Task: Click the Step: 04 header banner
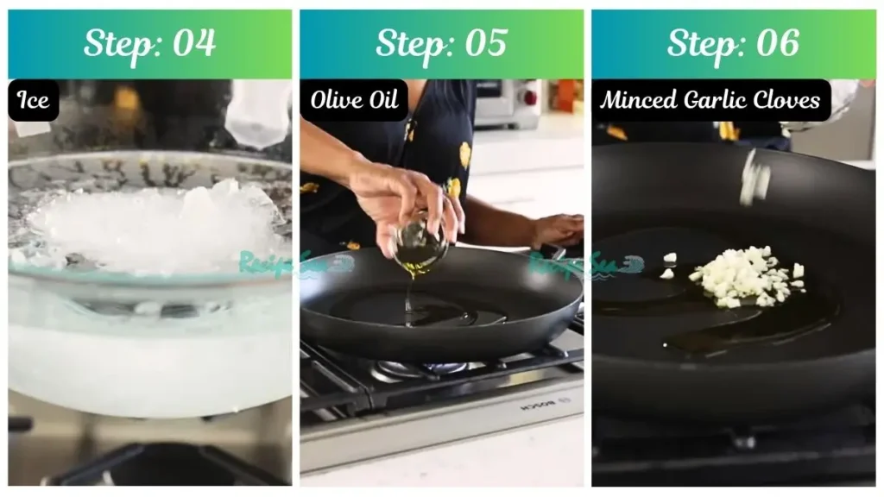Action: tap(150, 44)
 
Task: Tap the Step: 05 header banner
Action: tap(441, 44)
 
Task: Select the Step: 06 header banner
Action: tap(733, 44)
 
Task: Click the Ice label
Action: tap(34, 101)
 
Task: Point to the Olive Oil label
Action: tap(354, 101)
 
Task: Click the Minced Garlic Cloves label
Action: tap(710, 101)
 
